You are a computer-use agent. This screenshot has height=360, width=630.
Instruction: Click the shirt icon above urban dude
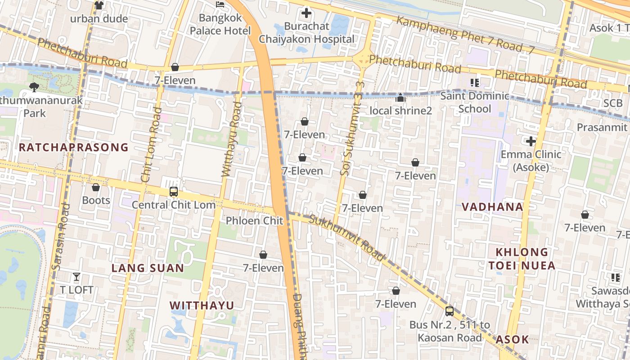point(99,5)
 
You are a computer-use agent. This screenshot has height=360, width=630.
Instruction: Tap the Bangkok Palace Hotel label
point(220,24)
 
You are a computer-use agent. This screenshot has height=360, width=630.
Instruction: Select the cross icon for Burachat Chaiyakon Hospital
point(306,13)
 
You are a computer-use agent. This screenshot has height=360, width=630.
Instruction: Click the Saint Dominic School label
point(475,102)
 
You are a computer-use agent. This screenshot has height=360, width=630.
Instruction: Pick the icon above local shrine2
point(400,98)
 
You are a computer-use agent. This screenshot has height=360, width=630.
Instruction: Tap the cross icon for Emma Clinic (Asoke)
point(531,142)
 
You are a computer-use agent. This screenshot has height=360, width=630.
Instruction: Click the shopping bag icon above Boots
point(96,187)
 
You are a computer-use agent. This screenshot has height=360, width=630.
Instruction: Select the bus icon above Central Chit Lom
point(174,192)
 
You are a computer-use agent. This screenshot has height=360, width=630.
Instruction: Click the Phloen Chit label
point(254,220)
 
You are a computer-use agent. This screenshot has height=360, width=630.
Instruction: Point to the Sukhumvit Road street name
point(348,238)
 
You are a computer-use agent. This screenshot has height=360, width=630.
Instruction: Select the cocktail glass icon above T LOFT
point(76,277)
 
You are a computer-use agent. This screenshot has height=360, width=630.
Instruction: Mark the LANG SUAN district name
point(148,268)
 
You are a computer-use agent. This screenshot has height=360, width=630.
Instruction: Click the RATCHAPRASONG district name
point(74,147)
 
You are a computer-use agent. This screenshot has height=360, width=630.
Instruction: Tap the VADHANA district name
point(492,207)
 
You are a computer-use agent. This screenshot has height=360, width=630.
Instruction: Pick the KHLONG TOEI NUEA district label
point(522,259)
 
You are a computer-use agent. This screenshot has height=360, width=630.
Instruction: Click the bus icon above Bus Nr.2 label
point(449,311)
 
